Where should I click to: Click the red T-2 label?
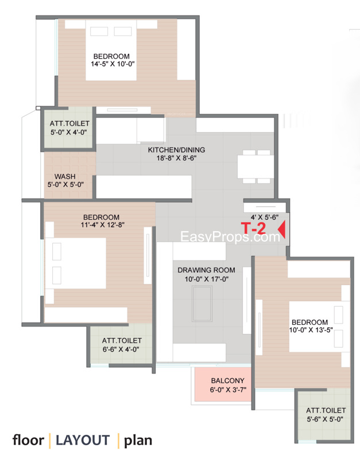253,228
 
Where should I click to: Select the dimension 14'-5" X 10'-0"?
113,64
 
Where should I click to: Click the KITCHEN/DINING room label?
176,150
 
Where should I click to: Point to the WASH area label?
65,177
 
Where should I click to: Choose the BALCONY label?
227,380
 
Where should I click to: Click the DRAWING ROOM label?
206,270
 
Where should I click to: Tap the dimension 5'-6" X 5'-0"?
325,419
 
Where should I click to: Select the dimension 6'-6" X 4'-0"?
121,349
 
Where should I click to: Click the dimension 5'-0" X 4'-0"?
68,133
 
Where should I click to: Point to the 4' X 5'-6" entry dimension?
265,217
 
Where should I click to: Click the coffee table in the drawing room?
202,304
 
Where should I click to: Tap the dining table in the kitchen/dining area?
256,166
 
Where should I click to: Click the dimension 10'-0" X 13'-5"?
311,330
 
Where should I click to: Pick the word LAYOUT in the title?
83,440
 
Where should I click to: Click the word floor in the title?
28,440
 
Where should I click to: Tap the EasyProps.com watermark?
230,236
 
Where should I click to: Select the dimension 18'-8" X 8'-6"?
176,158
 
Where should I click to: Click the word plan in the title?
138,441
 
